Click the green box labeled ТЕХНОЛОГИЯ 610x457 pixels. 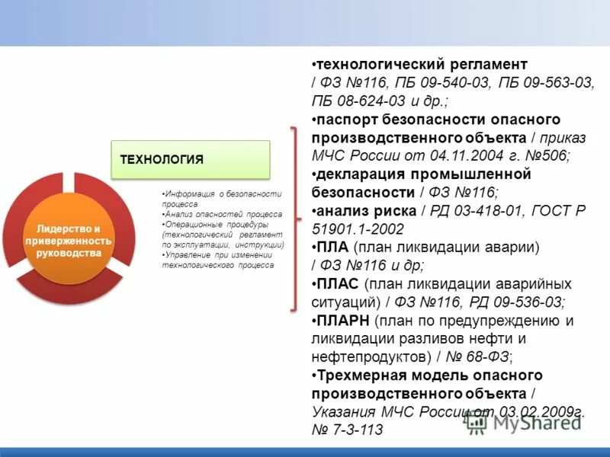coord(191,159)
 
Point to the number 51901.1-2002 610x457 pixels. coord(358,228)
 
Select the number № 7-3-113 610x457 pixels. coord(347,430)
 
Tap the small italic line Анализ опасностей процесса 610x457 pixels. coord(222,215)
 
